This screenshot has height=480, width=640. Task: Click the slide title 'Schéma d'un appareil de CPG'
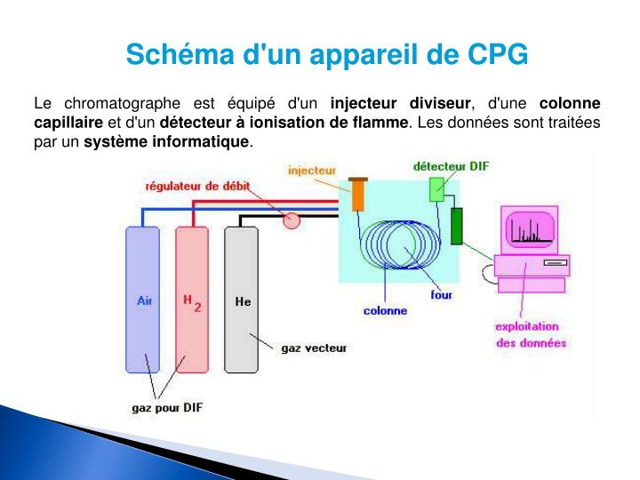pyautogui.click(x=326, y=54)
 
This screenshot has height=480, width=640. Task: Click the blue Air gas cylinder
pyautogui.click(x=142, y=300)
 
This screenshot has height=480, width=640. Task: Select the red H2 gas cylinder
pyautogui.click(x=192, y=300)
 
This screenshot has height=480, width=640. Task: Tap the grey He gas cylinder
pyautogui.click(x=242, y=300)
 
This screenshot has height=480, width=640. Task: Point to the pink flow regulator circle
pyautogui.click(x=292, y=220)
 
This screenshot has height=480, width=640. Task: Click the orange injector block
pyautogui.click(x=358, y=195)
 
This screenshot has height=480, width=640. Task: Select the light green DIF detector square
pyautogui.click(x=436, y=189)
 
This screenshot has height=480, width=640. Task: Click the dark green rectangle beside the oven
pyautogui.click(x=457, y=226)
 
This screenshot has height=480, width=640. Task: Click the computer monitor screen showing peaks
pyautogui.click(x=531, y=228)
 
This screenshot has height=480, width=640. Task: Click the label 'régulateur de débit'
pyautogui.click(x=198, y=187)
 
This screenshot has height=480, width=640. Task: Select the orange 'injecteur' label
pyautogui.click(x=312, y=167)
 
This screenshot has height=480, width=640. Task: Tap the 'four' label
pyautogui.click(x=442, y=295)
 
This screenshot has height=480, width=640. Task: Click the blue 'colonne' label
pyautogui.click(x=385, y=310)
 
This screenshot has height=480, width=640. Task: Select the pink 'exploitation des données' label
pyautogui.click(x=530, y=334)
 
